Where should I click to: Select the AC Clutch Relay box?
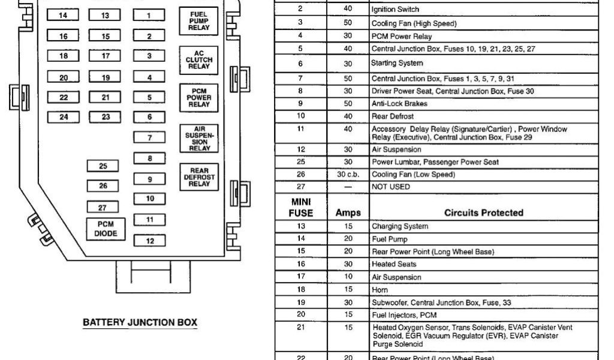click(x=198, y=59)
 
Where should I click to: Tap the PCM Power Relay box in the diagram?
click(x=198, y=96)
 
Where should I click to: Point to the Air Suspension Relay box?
click(x=198, y=138)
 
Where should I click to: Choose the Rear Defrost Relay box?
click(x=198, y=177)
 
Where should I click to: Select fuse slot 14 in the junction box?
click(x=64, y=16)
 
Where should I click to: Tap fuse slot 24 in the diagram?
click(x=64, y=117)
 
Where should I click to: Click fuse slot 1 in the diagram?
click(x=149, y=16)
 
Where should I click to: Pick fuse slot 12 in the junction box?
click(x=149, y=241)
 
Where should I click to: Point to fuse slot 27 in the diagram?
click(x=103, y=207)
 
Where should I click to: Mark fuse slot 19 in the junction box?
click(x=106, y=77)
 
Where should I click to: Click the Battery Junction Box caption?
click(x=139, y=323)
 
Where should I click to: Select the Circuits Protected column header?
click(x=483, y=212)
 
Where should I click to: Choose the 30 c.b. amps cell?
click(x=348, y=175)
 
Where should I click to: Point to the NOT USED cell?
click(x=391, y=187)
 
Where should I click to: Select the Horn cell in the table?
click(x=380, y=289)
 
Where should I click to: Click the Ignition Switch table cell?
click(x=395, y=10)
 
